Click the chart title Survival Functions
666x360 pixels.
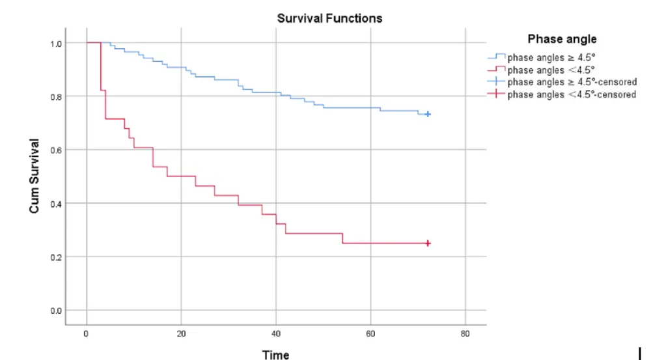click(x=329, y=18)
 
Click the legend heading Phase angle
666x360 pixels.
click(x=562, y=39)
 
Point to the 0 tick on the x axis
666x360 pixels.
click(x=87, y=335)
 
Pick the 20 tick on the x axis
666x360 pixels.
click(x=181, y=335)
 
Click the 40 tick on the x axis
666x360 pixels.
click(x=276, y=335)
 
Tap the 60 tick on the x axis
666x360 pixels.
click(x=370, y=335)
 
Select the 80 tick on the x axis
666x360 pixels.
click(x=465, y=335)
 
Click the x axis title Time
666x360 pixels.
click(x=275, y=355)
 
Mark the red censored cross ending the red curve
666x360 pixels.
click(x=428, y=243)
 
